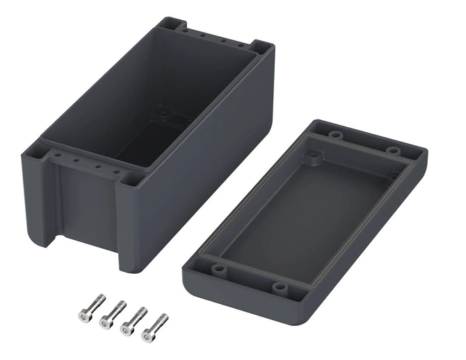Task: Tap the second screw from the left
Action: (112, 314)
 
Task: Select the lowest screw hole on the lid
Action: (280, 286)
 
